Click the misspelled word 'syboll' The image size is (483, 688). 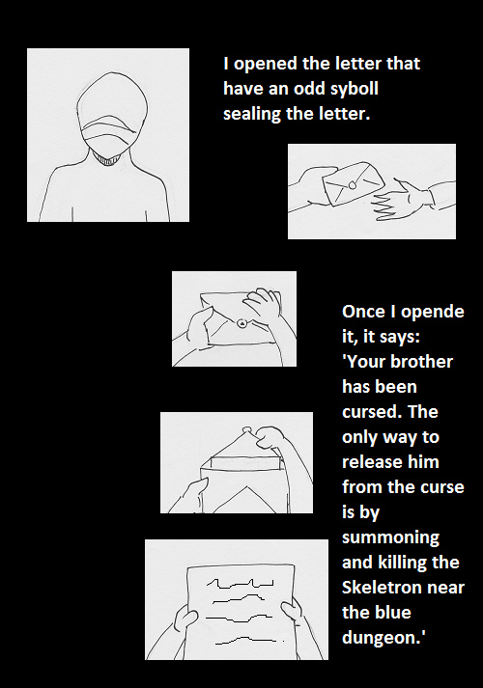354,90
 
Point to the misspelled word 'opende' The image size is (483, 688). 433,312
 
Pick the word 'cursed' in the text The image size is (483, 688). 371,412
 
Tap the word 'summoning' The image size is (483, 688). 391,537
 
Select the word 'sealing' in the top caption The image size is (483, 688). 252,114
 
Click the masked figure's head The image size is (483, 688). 109,115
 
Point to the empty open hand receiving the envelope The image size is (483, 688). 401,200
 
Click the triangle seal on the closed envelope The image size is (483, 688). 241,323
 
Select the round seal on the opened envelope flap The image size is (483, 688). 247,429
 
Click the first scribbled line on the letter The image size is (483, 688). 240,584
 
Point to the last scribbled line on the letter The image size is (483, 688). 249,641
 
